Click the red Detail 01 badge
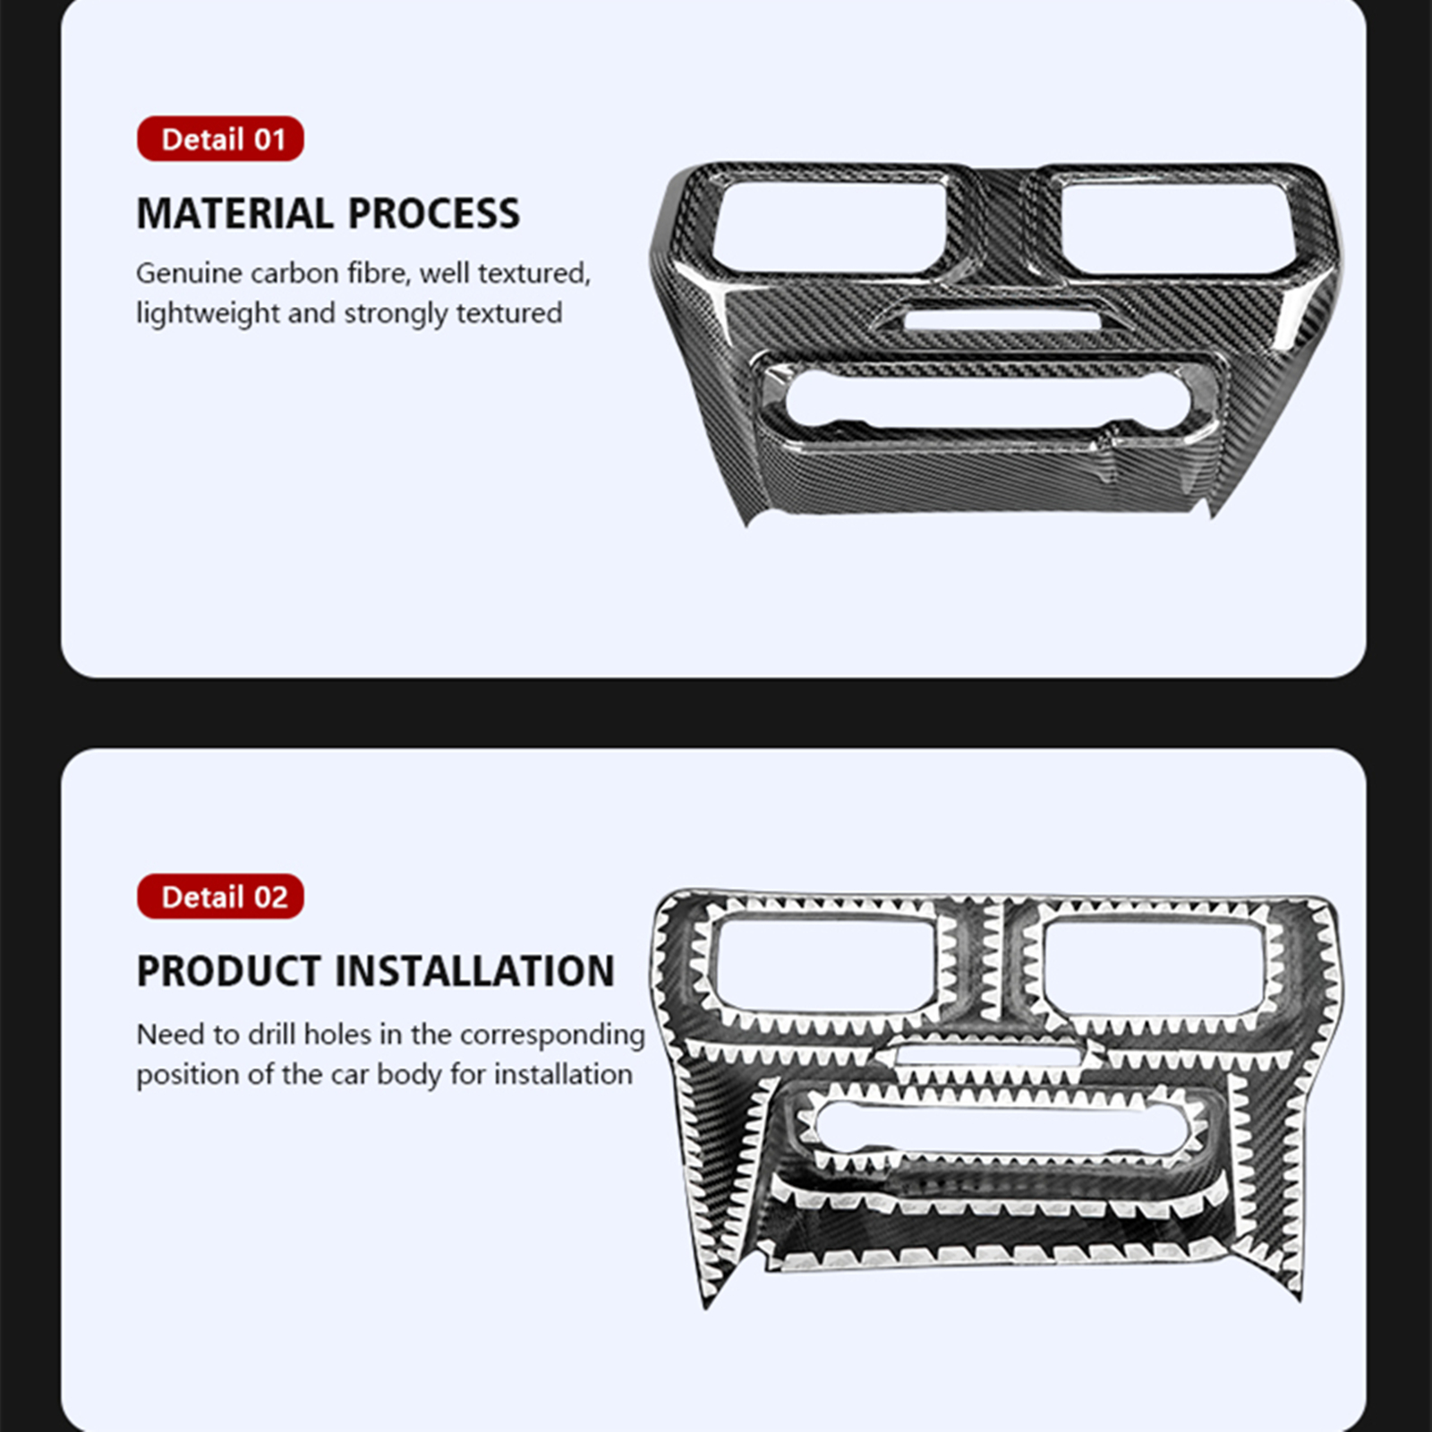coord(220,139)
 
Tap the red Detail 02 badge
coord(220,896)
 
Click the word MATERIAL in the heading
coord(235,214)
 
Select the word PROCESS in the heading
coord(434,214)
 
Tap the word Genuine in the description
coord(189,273)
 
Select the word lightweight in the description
coord(208,313)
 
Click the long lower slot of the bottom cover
coord(1001,1127)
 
